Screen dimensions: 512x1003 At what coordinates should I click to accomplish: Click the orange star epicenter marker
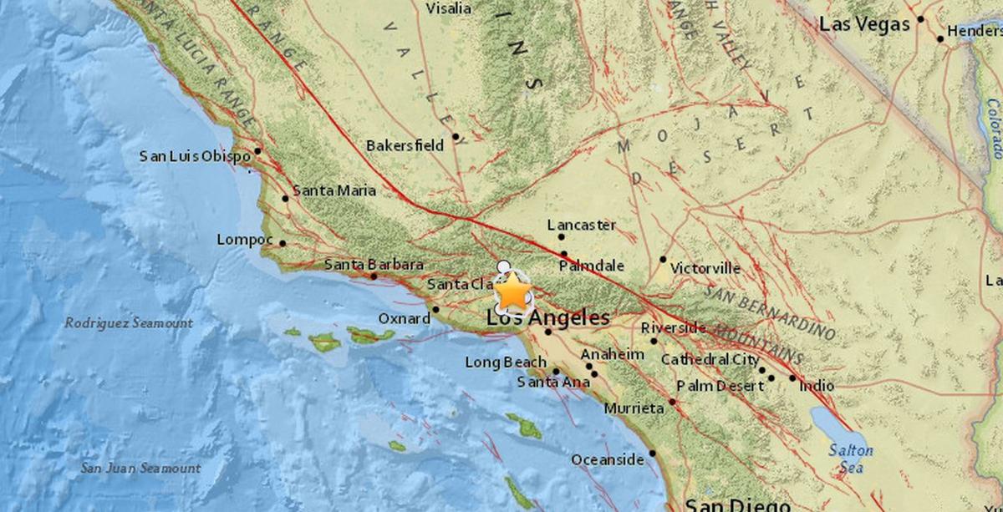513,292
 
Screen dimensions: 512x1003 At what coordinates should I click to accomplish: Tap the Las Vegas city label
863,25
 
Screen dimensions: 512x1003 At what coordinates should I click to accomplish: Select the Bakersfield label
405,145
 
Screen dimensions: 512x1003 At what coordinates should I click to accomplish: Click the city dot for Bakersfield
456,136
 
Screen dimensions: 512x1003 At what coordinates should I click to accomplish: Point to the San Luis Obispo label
195,155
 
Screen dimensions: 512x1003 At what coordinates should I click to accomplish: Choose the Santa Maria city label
333,190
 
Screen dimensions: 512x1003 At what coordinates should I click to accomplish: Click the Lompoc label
245,240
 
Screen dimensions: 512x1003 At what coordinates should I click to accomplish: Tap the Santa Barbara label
374,265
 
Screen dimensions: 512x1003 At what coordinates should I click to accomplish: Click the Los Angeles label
548,317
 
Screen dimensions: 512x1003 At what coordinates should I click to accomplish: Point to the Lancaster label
581,225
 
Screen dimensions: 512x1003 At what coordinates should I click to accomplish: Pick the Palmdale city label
591,266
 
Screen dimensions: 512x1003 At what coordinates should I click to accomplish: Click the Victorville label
705,268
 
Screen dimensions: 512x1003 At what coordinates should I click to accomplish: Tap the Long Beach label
507,362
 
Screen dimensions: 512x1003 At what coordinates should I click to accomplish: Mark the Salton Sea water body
836,431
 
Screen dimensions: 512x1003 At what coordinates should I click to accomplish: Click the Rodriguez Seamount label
129,322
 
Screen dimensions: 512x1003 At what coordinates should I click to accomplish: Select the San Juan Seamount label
140,468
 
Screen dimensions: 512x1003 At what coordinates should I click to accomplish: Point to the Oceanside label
608,459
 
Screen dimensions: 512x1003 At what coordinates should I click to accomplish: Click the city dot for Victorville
663,259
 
